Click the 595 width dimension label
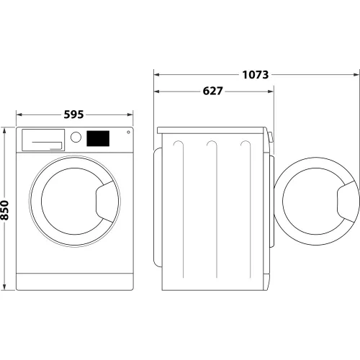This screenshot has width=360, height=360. [x=74, y=114]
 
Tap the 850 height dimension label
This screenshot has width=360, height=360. [x=6, y=210]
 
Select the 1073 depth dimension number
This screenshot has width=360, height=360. [x=256, y=74]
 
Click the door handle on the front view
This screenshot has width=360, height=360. [x=107, y=197]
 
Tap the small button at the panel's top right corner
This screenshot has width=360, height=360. [x=128, y=132]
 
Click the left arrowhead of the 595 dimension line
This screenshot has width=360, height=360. [x=19, y=114]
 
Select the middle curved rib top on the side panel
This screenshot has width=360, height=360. [x=212, y=143]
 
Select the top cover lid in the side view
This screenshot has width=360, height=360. [x=213, y=130]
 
